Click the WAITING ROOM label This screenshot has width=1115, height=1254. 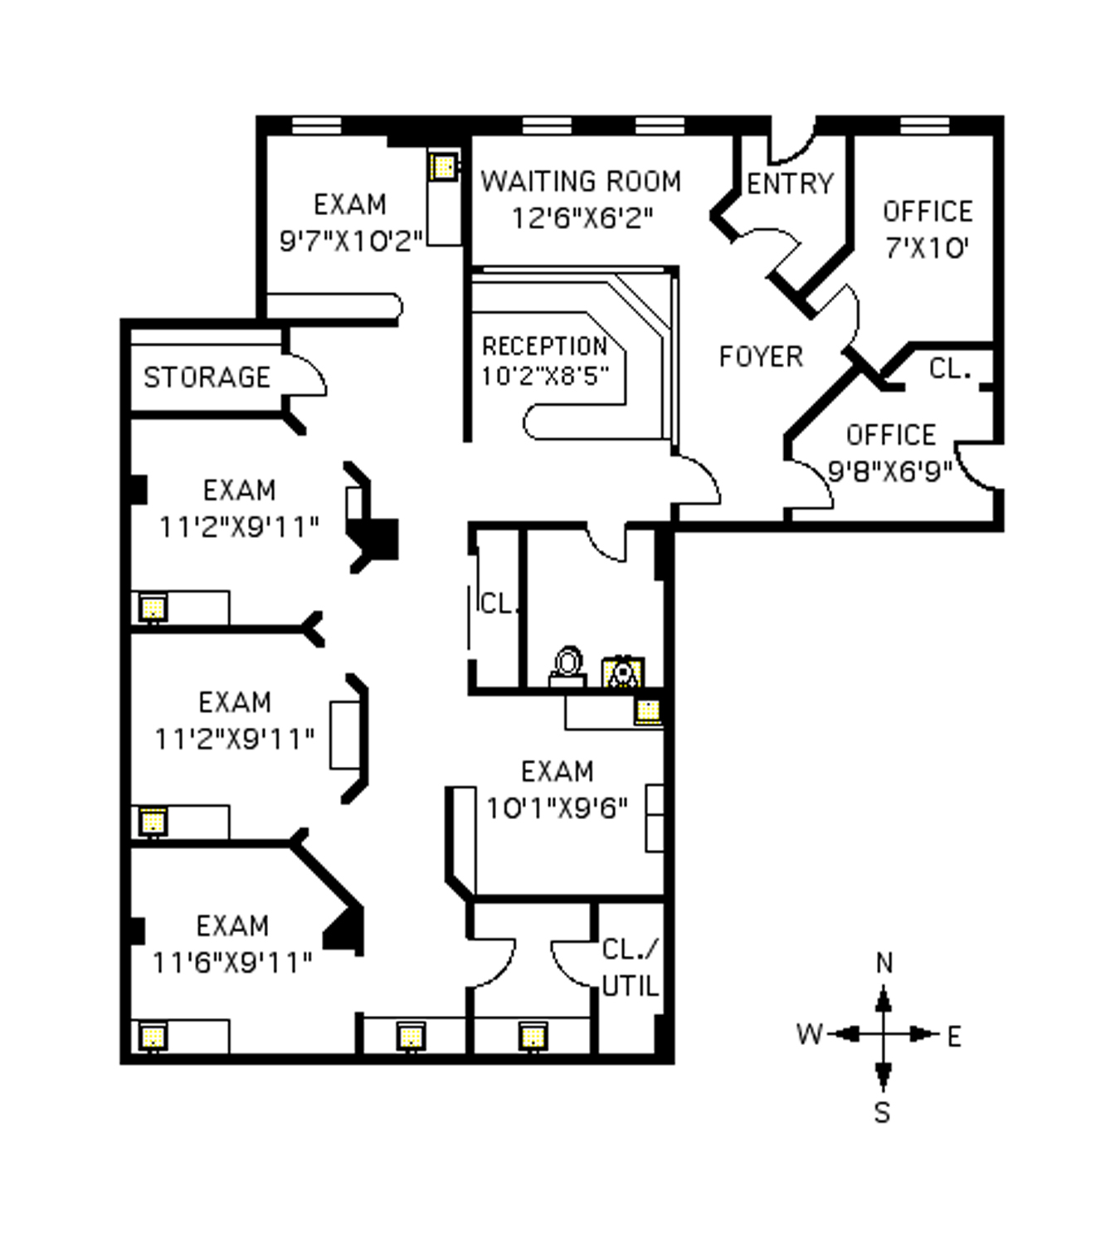581,181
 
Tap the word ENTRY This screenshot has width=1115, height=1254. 790,183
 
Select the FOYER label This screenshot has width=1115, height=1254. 761,357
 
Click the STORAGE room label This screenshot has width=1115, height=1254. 207,378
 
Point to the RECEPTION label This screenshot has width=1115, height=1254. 545,346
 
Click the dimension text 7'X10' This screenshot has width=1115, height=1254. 927,247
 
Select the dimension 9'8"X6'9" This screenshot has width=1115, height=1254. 890,471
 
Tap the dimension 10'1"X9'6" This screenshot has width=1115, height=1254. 557,808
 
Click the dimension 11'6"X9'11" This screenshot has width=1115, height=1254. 232,963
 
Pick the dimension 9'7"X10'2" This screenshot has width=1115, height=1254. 351,241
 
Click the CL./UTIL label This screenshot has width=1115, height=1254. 630,968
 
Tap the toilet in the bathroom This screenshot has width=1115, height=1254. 567,666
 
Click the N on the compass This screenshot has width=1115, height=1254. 884,964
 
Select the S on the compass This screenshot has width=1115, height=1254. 883,1112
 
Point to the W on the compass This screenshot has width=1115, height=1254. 809,1034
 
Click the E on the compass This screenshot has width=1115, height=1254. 954,1037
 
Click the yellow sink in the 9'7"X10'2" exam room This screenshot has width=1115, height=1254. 444,167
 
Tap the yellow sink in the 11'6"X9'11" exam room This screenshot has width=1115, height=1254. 153,1037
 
